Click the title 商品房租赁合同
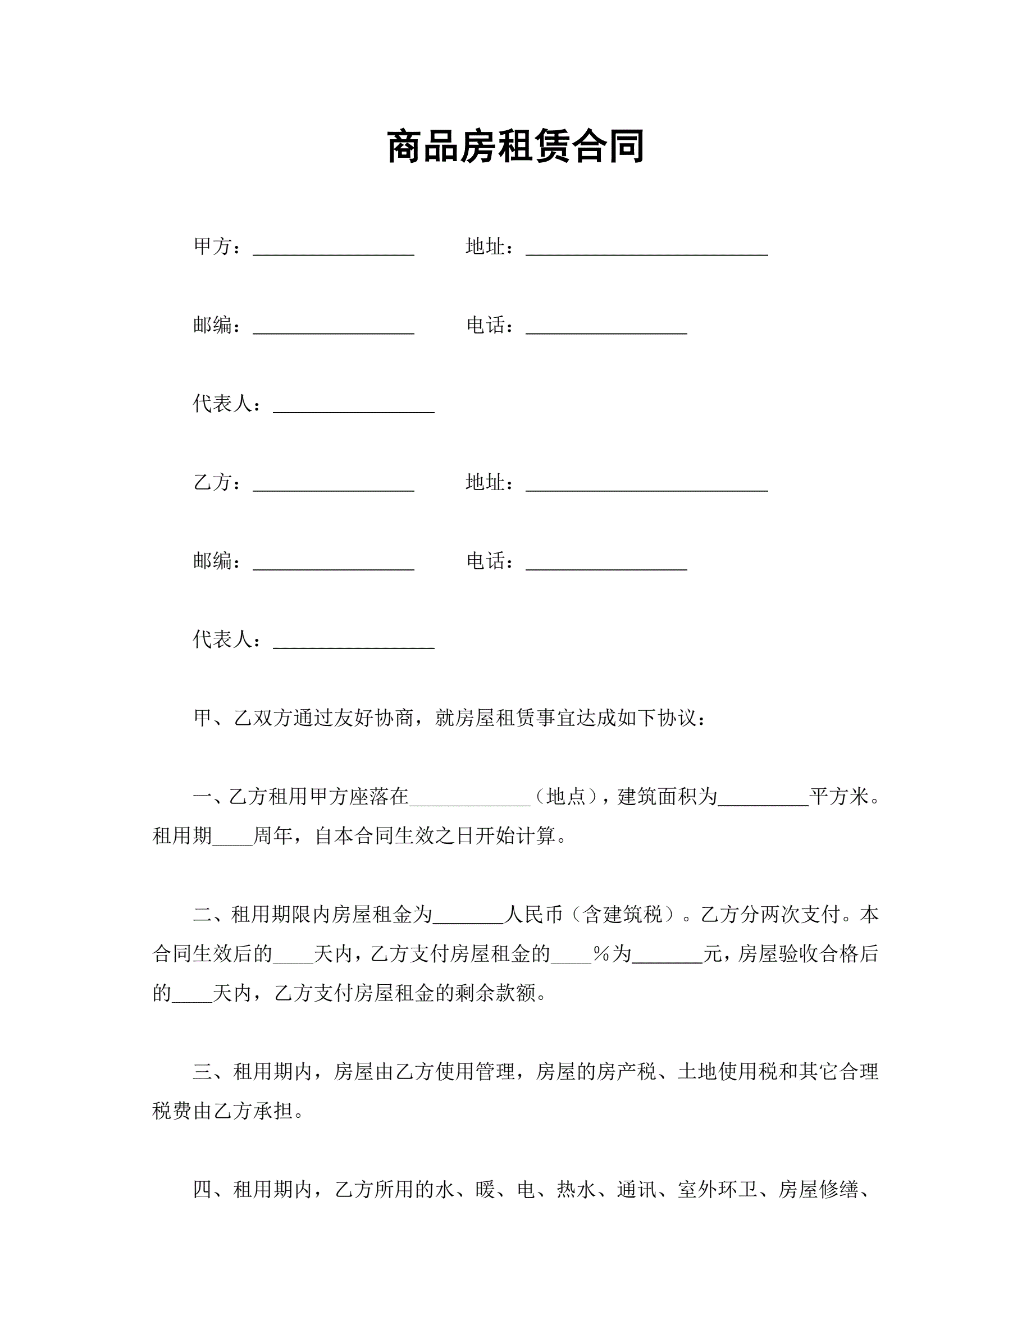(x=515, y=147)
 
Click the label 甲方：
(x=217, y=247)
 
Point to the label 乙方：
(x=217, y=482)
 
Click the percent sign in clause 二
(x=601, y=954)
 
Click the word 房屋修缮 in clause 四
(x=818, y=1190)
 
